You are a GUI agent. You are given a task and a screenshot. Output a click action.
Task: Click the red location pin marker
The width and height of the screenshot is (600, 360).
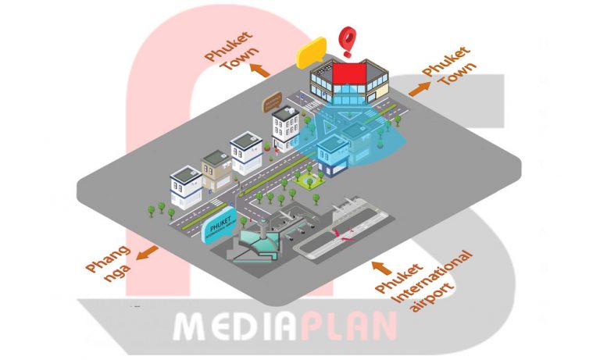point(345,38)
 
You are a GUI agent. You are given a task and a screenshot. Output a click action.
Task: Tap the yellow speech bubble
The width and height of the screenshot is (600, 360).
point(310,52)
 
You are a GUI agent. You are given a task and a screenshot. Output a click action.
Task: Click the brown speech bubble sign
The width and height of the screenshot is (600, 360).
point(271,100)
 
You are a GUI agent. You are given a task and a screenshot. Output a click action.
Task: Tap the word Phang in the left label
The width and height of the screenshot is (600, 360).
point(104,261)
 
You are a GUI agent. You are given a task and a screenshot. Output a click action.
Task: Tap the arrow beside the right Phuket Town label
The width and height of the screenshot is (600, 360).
point(420,88)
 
